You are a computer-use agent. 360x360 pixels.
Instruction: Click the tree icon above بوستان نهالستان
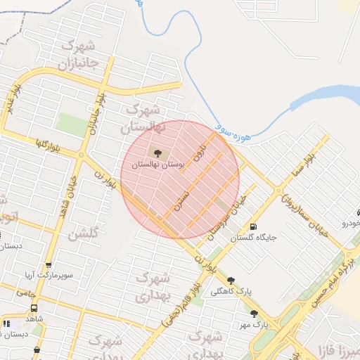157,151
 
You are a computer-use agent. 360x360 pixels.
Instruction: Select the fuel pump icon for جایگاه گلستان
252,226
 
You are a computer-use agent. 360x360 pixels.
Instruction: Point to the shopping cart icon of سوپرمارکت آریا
49,265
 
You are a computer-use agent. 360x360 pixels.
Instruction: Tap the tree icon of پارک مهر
253,314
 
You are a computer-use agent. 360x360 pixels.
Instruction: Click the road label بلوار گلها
50,145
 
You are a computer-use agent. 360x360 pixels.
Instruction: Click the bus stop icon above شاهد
34,308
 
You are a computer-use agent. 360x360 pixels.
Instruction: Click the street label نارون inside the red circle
202,151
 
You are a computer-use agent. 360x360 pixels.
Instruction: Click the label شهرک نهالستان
143,120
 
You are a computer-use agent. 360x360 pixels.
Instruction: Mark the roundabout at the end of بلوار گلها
82,155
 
